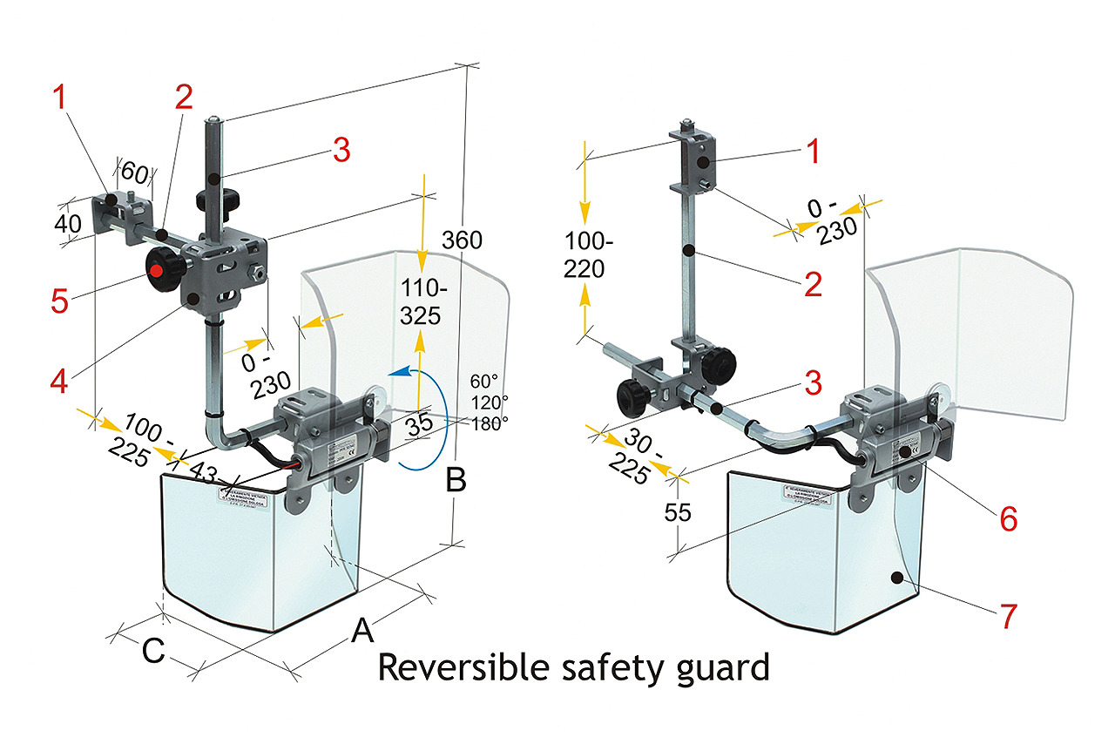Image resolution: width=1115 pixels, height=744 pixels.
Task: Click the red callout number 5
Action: (60, 300)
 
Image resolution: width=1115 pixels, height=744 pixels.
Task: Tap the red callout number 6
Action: (1008, 518)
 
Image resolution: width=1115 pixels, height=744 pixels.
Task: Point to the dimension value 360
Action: (463, 240)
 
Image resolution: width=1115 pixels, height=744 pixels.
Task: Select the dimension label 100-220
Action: (585, 256)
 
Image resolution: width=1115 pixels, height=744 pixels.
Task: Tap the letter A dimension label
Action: (362, 630)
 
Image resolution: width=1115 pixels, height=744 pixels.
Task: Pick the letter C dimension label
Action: (153, 652)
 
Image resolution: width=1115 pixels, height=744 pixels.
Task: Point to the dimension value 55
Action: (677, 512)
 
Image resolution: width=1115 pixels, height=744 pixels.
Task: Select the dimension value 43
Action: (203, 473)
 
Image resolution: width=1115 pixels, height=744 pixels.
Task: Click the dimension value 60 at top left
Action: (134, 169)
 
